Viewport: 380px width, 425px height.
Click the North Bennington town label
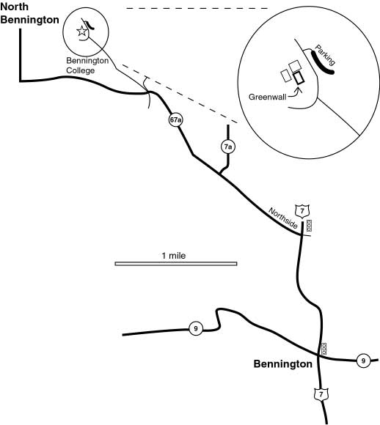(x=29, y=13)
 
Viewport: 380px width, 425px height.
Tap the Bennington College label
(x=87, y=65)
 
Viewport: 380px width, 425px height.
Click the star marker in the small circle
(x=81, y=32)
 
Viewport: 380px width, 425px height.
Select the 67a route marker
(x=175, y=119)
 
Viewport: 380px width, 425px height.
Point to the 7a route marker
(x=228, y=147)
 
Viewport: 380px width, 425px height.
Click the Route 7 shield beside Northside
(x=302, y=212)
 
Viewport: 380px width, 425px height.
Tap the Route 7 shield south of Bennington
(x=321, y=394)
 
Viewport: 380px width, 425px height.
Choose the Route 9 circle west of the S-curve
(x=196, y=328)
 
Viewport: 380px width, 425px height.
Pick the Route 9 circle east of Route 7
(x=363, y=361)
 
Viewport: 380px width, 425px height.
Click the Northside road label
(x=283, y=218)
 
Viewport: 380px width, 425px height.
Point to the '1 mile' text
(x=174, y=256)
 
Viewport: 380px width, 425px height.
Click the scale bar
(x=176, y=264)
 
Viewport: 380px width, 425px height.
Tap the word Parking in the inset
(x=325, y=55)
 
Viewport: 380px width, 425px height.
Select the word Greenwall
(x=267, y=97)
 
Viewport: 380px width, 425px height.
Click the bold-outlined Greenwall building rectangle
(x=299, y=78)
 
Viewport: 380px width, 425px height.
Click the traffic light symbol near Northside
(x=309, y=226)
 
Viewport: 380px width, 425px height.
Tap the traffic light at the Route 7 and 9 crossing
(x=324, y=349)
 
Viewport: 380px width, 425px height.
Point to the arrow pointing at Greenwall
(x=294, y=94)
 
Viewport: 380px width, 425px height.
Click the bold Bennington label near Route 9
(x=283, y=363)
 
